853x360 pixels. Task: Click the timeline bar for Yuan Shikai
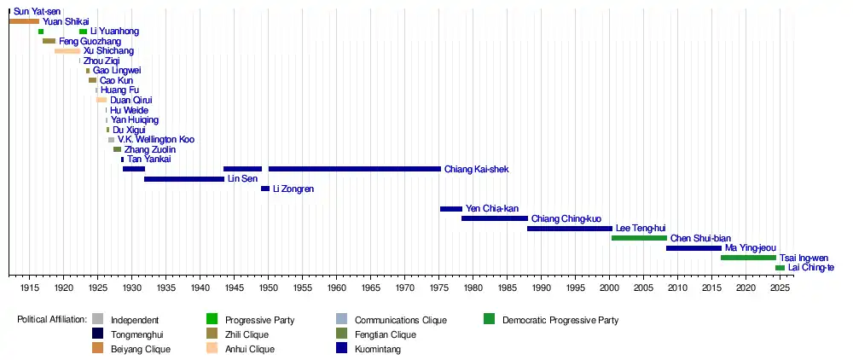pos(24,21)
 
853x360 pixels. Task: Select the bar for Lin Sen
pos(184,179)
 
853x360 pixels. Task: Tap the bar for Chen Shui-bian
pos(639,238)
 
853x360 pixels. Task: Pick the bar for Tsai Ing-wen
pos(748,258)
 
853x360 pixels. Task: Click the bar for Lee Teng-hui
pos(570,229)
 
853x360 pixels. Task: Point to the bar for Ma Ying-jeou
pos(693,248)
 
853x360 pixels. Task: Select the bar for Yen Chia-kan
pos(451,209)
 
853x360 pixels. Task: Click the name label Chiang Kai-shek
pos(476,170)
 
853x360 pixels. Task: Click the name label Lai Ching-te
pos(811,268)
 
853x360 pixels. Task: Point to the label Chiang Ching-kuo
pos(566,219)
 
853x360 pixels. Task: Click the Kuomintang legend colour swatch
pos(342,348)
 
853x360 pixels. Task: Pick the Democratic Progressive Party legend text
pos(560,321)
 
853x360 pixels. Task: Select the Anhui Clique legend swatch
pos(212,348)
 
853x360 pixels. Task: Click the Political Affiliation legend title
pos(51,321)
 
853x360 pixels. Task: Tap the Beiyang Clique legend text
pos(141,349)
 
